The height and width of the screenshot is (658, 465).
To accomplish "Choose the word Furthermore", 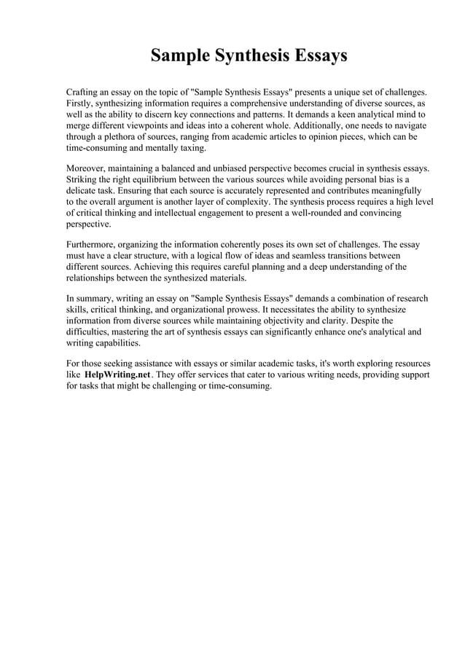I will (92, 246).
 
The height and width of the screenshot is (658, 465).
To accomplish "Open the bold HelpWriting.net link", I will (117, 375).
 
